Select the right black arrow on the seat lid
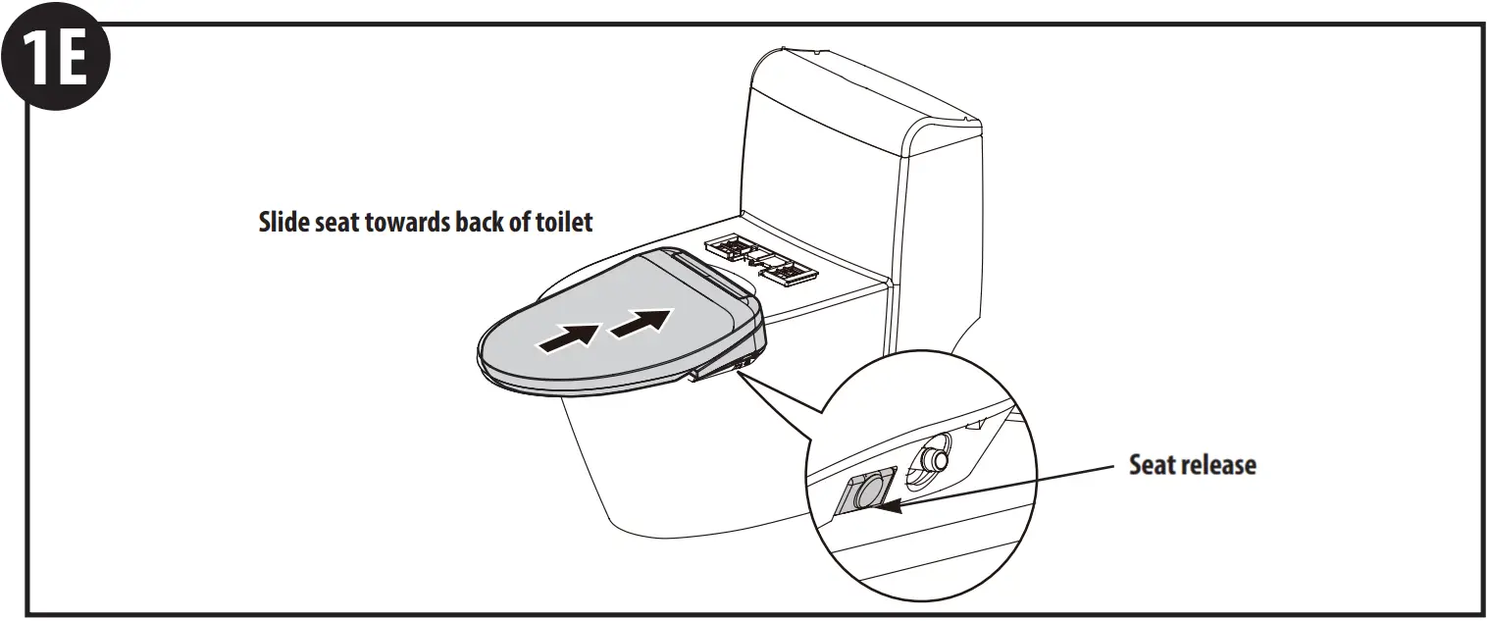(x=642, y=323)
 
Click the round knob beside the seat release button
(x=936, y=458)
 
